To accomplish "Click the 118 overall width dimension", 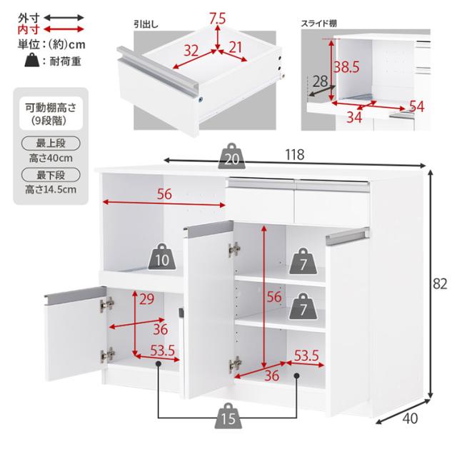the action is point(295,155).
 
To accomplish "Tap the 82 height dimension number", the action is point(440,283).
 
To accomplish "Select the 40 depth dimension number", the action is point(410,418).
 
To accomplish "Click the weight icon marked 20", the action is point(231,156).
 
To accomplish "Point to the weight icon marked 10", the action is point(162,257).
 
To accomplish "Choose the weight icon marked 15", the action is point(228,415).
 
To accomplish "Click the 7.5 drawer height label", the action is point(217,19).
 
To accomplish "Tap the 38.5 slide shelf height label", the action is point(346,67).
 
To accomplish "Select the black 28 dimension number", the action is point(320,81).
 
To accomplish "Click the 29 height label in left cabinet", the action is point(146,299).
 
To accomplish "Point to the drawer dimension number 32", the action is point(191,50).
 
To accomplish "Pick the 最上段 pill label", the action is point(51,143).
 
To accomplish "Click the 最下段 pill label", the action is point(51,175).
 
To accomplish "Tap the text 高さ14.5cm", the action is point(51,189).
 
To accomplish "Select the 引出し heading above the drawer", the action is point(146,24).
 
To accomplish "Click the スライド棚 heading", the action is point(319,24).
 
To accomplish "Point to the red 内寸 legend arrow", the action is point(64,29).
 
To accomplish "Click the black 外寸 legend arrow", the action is point(64,18).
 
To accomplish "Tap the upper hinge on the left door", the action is point(107,305).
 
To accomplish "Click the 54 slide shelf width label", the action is point(416,106).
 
